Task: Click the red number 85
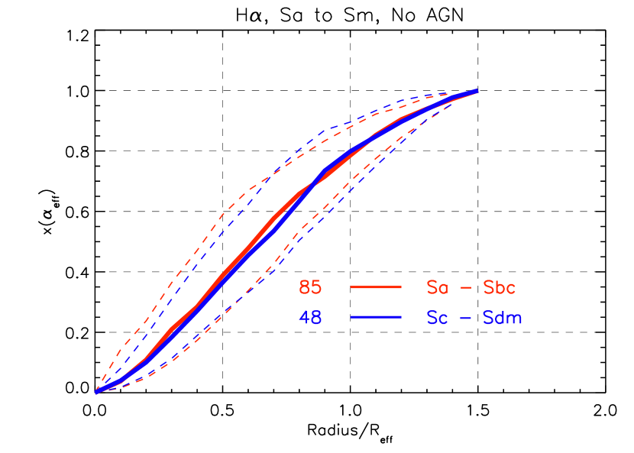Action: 310,288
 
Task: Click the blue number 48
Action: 310,318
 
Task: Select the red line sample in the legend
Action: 376,287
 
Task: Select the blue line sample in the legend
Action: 376,317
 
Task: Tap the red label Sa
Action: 437,288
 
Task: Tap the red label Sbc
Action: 500,288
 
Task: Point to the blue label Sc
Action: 437,318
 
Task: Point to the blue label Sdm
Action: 503,318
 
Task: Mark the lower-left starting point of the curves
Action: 96,392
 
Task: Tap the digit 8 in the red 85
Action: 305,288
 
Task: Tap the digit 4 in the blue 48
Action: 305,318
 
